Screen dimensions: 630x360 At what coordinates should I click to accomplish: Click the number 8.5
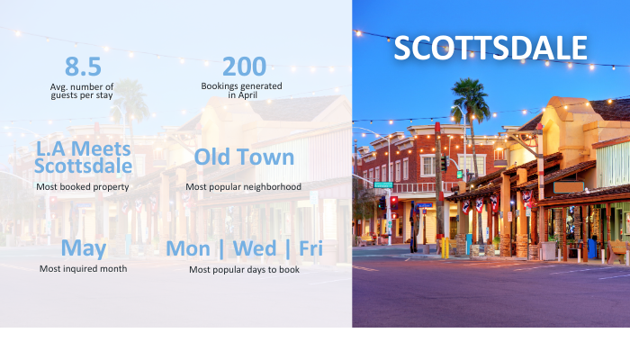[x=83, y=67]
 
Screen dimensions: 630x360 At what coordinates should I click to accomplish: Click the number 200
[x=244, y=67]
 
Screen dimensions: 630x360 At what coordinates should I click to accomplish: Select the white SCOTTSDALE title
[x=490, y=48]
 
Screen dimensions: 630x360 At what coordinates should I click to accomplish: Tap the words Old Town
[x=244, y=157]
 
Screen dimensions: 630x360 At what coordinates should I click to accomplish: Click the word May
[x=84, y=248]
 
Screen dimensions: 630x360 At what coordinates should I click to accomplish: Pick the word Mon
[x=188, y=248]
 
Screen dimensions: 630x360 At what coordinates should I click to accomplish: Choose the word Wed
[x=255, y=248]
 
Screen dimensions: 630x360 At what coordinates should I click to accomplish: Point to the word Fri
[x=311, y=248]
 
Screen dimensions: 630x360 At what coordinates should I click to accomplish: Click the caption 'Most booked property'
[x=83, y=187]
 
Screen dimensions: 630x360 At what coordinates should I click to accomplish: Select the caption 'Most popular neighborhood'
[x=244, y=187]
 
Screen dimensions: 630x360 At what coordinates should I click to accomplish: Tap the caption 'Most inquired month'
[x=83, y=269]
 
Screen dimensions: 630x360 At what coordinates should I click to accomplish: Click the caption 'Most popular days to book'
[x=244, y=270]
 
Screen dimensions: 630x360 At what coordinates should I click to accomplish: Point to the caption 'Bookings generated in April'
[x=241, y=90]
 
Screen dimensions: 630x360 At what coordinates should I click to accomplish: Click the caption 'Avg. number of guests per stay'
[x=82, y=91]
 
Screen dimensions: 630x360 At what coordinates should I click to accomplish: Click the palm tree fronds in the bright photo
[x=471, y=95]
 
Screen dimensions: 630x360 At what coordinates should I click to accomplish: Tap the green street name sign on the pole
[x=383, y=184]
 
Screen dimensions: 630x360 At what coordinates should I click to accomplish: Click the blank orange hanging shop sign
[x=569, y=187]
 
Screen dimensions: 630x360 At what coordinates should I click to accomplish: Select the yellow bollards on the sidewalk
[x=445, y=247]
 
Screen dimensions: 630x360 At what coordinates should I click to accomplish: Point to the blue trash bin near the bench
[x=592, y=248]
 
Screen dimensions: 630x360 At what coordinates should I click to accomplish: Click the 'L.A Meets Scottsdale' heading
[x=83, y=157]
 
